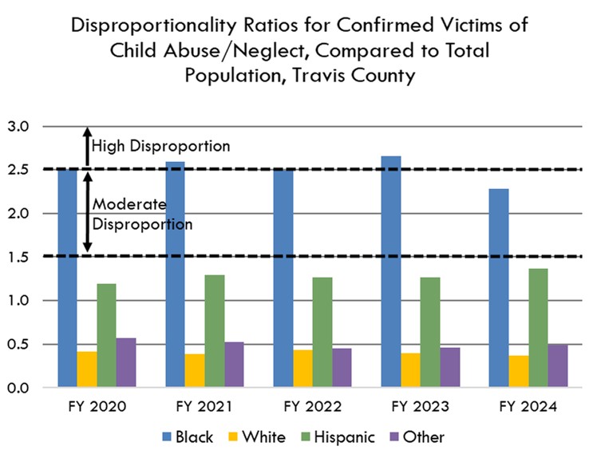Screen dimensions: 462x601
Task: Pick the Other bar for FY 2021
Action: click(x=235, y=365)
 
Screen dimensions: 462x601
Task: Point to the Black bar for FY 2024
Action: click(x=498, y=288)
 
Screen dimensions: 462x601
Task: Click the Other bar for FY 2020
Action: click(x=126, y=363)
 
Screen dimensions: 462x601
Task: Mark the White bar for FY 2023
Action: click(x=410, y=370)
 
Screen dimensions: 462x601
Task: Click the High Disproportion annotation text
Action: click(x=161, y=146)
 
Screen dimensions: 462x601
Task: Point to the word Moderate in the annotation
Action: click(x=124, y=206)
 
